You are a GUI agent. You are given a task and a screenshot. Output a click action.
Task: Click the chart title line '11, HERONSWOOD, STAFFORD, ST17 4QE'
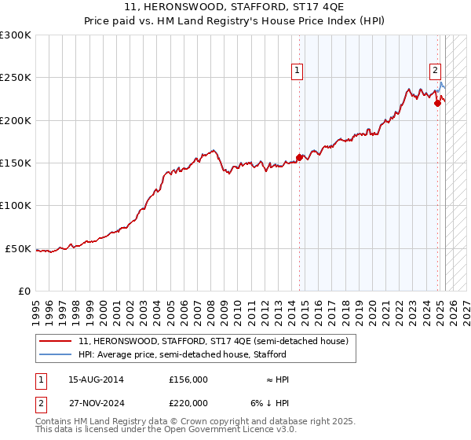[x=235, y=9]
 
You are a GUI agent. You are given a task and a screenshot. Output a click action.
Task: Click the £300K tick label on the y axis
[x=16, y=35]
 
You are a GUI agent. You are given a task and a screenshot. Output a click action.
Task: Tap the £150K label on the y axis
[x=16, y=163]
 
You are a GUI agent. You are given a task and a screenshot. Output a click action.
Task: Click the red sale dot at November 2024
[x=438, y=103]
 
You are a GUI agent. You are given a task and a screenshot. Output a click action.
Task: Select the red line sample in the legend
[x=56, y=341]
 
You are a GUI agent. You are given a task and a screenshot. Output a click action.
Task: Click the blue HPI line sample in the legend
[x=56, y=354]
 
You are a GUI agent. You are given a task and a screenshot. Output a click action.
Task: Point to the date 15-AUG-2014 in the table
[x=97, y=379]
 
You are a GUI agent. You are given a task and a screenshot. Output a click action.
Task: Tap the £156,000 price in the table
[x=188, y=379]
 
